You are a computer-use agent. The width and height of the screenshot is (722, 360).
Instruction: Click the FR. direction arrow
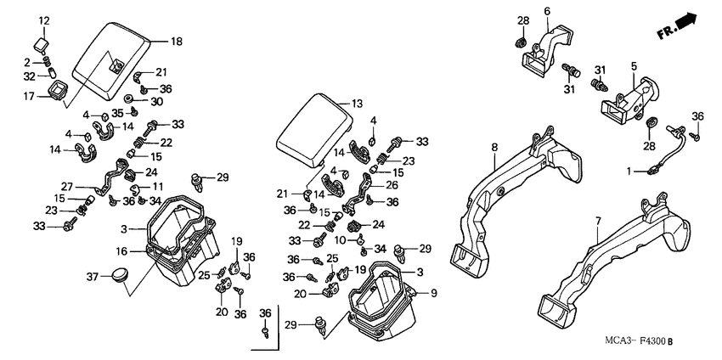point(680,27)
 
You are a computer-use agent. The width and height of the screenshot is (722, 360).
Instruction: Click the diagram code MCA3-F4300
point(634,341)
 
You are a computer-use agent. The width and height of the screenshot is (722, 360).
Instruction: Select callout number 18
point(176,42)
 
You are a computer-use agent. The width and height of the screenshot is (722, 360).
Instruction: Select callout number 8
point(493,147)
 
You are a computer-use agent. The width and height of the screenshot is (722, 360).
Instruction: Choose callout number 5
point(633,65)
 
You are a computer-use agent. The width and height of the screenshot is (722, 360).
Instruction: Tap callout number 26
point(392,183)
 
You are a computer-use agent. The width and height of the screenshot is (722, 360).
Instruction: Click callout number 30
point(156,101)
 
